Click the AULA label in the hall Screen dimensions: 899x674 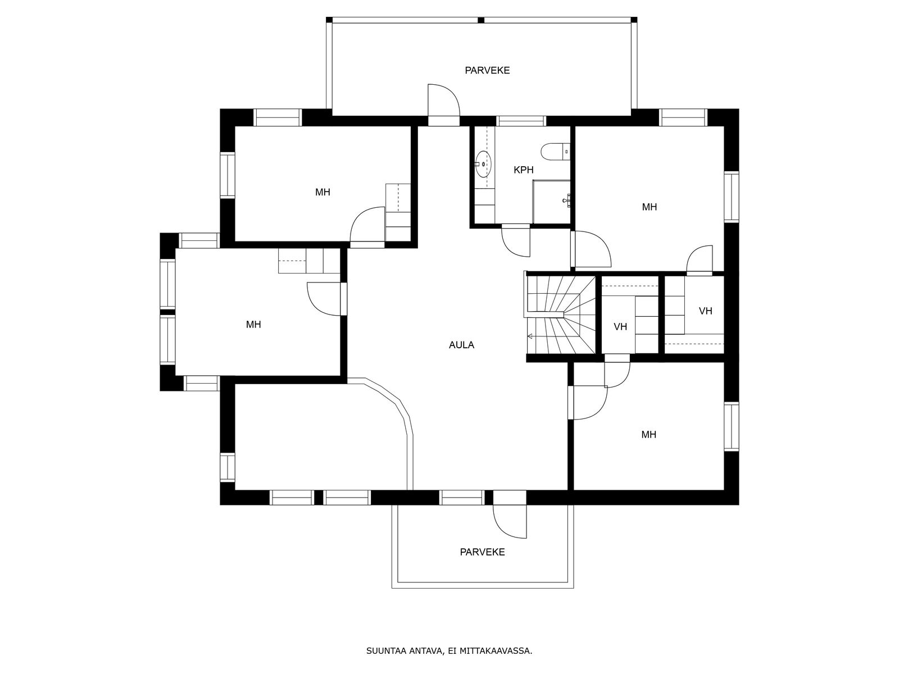pyautogui.click(x=461, y=345)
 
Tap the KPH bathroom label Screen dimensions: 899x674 pyautogui.click(x=524, y=170)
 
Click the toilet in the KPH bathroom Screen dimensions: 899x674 pyautogui.click(x=555, y=152)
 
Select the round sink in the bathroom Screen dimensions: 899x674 pyautogui.click(x=483, y=163)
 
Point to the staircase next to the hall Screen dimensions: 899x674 pyautogui.click(x=561, y=315)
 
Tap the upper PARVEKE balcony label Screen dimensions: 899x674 pyautogui.click(x=487, y=70)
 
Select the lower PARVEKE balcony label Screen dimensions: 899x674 pyautogui.click(x=482, y=552)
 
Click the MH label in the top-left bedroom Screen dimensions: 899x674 pyautogui.click(x=323, y=192)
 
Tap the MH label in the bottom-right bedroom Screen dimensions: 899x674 pyautogui.click(x=648, y=434)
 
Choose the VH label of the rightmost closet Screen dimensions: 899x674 pyautogui.click(x=705, y=311)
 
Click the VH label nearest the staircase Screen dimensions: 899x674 pyautogui.click(x=620, y=326)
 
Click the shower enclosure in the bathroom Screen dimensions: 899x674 pyautogui.click(x=551, y=202)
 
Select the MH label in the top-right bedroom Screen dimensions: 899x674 pyautogui.click(x=649, y=207)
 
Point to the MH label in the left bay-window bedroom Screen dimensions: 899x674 pyautogui.click(x=253, y=325)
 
